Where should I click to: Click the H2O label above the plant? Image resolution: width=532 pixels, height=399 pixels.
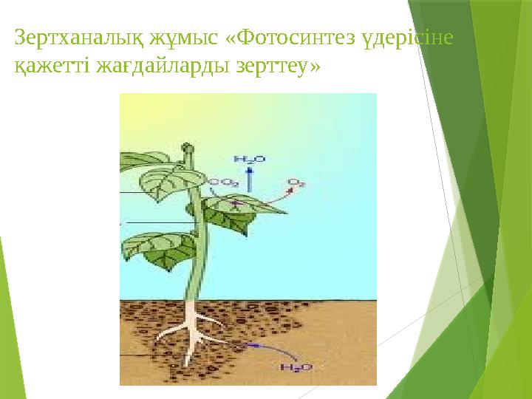248,158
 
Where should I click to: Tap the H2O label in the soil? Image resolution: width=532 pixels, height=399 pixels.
295,367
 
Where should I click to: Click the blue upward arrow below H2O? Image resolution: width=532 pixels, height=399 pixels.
249,177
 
